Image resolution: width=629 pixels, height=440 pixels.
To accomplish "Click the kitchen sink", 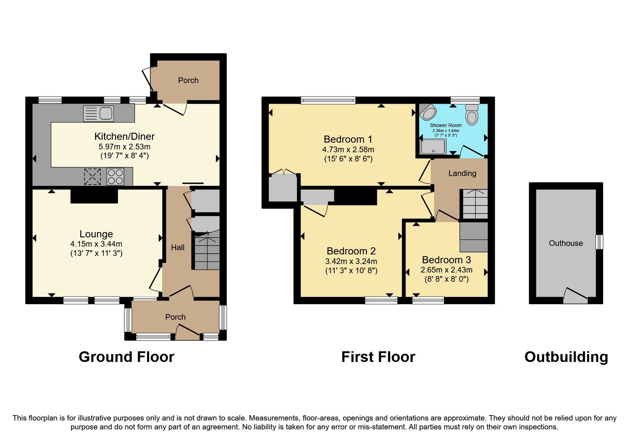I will [x=99, y=114].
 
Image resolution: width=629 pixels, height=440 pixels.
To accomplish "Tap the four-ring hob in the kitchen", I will [x=115, y=176].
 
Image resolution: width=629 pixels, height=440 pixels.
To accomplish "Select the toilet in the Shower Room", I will [x=472, y=115].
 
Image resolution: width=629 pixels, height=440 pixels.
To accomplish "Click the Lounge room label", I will [x=96, y=234].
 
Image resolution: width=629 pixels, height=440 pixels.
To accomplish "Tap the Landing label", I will [x=462, y=174].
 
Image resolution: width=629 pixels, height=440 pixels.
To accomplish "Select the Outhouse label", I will [x=566, y=243].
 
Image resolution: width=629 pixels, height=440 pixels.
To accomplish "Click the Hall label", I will [x=178, y=248].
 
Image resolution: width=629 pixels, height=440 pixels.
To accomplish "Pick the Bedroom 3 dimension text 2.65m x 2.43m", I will [x=446, y=270].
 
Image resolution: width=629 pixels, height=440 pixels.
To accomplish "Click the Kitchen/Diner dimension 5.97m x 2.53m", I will [x=124, y=147].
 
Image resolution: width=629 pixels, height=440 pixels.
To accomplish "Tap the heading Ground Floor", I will [x=126, y=357].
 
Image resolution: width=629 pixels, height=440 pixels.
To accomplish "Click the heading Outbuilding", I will [x=566, y=357].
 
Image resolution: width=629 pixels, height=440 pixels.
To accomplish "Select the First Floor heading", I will [x=378, y=357].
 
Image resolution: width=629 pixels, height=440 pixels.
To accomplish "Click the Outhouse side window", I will [x=600, y=242].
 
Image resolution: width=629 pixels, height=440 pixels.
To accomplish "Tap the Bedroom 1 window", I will [x=328, y=100].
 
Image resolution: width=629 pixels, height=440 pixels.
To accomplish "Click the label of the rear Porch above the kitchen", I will [x=188, y=81].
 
